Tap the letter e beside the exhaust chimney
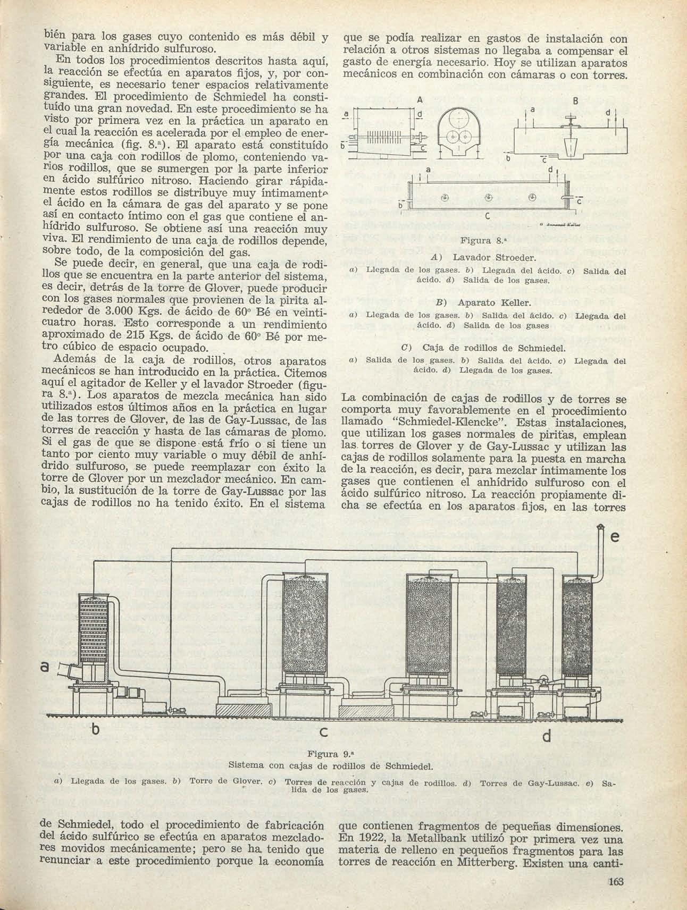(x=616, y=538)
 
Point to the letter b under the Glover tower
(x=96, y=731)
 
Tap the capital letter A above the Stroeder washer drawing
(x=420, y=99)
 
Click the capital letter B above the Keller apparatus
(x=575, y=101)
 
